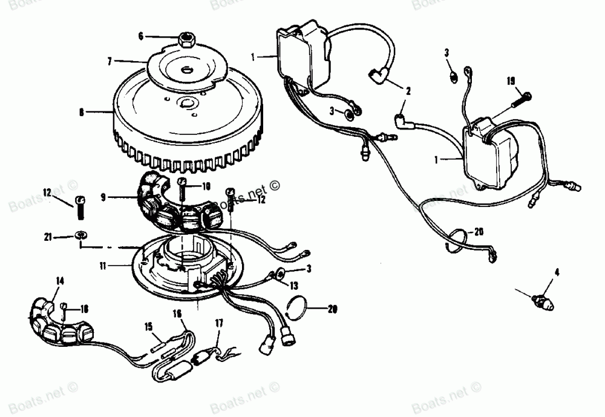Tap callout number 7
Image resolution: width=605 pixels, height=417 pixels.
[110, 61]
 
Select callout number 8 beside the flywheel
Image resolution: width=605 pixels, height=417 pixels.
[81, 111]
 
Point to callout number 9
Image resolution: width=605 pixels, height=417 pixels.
[103, 197]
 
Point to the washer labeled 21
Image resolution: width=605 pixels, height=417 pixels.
[80, 235]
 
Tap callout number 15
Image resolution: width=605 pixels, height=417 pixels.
[148, 327]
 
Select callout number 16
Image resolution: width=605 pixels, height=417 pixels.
[177, 314]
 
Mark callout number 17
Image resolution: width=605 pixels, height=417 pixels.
[218, 324]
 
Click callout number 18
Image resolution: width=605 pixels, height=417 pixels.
[84, 309]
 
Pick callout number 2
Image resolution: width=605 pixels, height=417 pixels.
[408, 92]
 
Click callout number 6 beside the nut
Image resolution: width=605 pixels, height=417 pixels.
[141, 36]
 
